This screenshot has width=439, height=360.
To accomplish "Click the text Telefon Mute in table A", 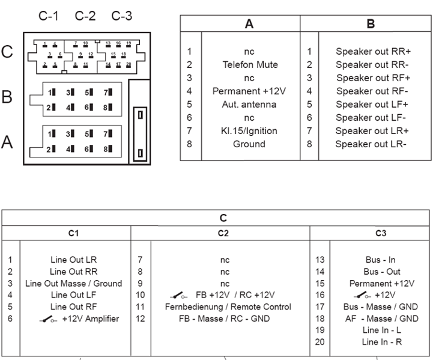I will [x=250, y=65].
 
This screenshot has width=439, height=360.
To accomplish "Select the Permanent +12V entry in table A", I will [x=250, y=91].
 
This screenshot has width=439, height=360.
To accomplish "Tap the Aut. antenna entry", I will [x=250, y=105].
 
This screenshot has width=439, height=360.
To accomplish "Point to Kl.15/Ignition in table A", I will [x=250, y=131].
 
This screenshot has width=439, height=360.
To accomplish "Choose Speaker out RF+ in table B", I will [x=373, y=78].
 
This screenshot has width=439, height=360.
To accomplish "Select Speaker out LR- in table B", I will [x=371, y=144].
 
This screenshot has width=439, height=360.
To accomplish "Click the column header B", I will [x=371, y=24].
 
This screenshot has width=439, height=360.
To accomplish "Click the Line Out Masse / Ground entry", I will [x=74, y=283].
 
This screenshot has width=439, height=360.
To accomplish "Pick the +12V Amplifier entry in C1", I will [x=79, y=319].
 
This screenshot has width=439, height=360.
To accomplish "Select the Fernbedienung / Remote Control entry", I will [x=228, y=307].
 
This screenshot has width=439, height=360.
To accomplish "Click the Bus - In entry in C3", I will [x=380, y=260].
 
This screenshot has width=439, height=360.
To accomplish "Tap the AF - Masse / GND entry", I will [x=384, y=319].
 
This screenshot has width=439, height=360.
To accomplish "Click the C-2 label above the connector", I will [x=85, y=16].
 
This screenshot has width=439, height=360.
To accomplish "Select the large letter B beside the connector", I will [x=7, y=97].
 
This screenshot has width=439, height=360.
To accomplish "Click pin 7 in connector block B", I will [x=107, y=93].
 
